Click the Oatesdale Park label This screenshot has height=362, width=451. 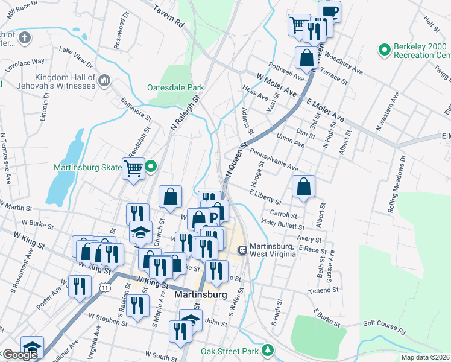click(175, 87)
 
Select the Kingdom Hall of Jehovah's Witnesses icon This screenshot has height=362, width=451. click(104, 80)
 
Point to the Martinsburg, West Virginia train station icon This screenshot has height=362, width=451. click(242, 249)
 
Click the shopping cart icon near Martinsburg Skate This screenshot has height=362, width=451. click(133, 168)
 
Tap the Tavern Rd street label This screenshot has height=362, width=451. click(168, 17)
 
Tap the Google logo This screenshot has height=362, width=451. click(19, 355)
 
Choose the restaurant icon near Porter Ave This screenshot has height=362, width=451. click(80, 286)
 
